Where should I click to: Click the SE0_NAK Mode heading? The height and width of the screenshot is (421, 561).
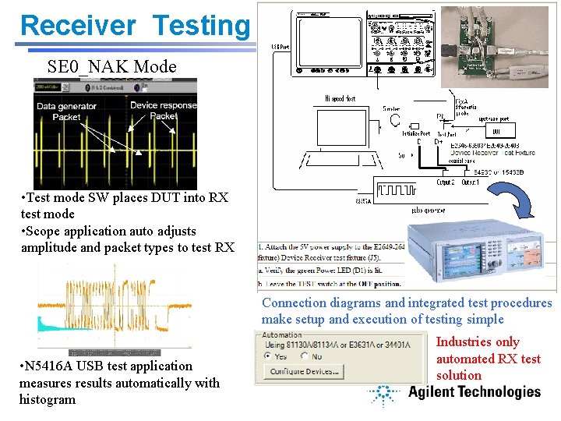tap(111, 66)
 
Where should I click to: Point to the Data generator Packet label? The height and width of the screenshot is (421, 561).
tap(66, 111)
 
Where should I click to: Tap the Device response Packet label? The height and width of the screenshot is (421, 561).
tap(164, 111)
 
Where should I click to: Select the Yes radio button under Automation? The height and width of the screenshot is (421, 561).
tap(269, 356)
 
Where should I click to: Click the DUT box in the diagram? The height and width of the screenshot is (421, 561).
tap(496, 131)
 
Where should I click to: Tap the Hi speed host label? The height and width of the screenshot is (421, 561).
tap(340, 99)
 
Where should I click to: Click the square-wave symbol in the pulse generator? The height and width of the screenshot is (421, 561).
tap(399, 189)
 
